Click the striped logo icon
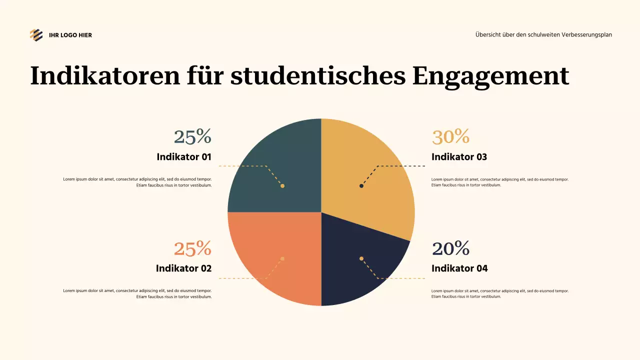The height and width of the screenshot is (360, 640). pyautogui.click(x=36, y=35)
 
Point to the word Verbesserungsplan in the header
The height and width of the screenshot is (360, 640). pyautogui.click(x=587, y=35)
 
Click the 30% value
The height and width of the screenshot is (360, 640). pyautogui.click(x=450, y=136)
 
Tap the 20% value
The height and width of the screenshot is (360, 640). pyautogui.click(x=450, y=248)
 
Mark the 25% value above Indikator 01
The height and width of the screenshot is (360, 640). pyautogui.click(x=192, y=136)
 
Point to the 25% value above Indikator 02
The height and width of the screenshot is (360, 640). pyautogui.click(x=192, y=248)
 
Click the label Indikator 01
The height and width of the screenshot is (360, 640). pyautogui.click(x=184, y=157)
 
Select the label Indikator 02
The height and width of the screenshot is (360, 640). pyautogui.click(x=183, y=268)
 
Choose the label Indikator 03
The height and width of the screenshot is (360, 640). pyautogui.click(x=459, y=157)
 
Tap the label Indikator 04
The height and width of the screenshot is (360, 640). pyautogui.click(x=459, y=268)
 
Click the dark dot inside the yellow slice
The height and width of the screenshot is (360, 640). pyautogui.click(x=361, y=186)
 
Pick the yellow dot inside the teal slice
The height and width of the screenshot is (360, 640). pyautogui.click(x=282, y=186)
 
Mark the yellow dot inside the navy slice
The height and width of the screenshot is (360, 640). pyautogui.click(x=361, y=258)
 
